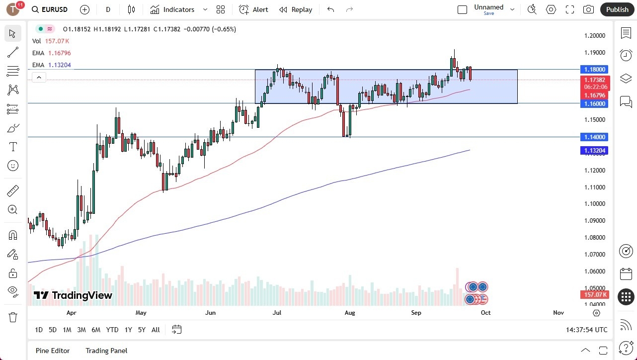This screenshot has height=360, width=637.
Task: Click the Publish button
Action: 617,9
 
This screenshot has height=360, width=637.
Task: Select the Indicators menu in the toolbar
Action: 178,9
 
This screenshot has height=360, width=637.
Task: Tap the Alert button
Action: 253,9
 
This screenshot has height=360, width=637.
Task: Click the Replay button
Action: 296,9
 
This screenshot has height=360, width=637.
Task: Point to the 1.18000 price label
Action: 594,70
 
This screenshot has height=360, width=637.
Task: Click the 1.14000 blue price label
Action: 594,137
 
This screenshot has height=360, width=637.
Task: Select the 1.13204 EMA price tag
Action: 594,150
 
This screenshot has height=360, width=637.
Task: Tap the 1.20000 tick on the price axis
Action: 594,36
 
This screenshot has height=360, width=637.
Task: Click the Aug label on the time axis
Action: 350,313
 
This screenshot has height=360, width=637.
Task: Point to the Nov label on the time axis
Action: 558,313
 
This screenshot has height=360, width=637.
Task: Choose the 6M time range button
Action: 96,330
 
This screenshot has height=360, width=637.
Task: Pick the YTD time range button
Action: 112,330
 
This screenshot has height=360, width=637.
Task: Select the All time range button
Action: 156,330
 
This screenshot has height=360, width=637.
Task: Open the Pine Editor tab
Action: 53,351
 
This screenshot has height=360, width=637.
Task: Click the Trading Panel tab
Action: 106,351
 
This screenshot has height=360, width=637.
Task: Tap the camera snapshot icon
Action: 588,9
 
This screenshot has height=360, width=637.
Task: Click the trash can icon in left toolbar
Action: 13,317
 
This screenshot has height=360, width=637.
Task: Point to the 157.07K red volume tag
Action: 594,295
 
